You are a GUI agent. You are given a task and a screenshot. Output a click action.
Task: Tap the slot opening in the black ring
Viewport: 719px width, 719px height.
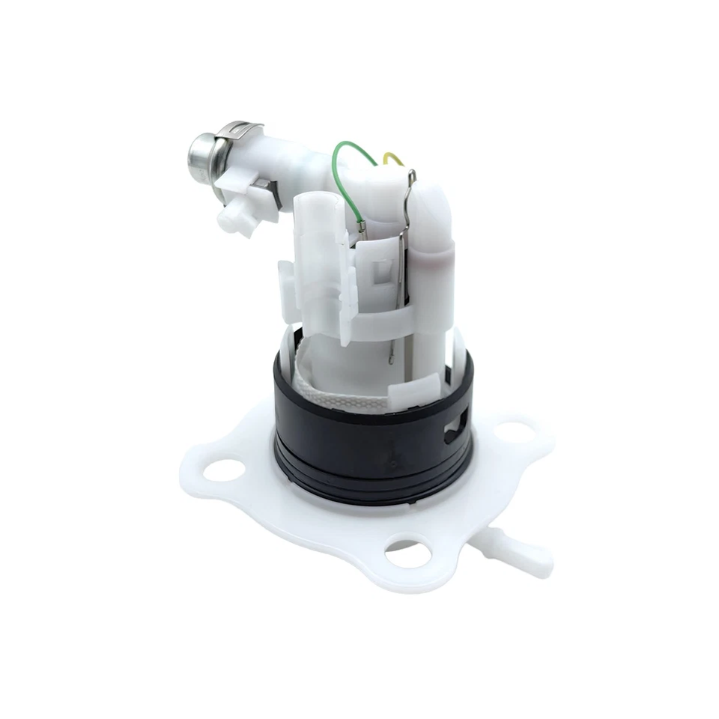(455, 432)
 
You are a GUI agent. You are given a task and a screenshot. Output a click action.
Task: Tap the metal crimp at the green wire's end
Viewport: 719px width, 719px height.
(362, 225)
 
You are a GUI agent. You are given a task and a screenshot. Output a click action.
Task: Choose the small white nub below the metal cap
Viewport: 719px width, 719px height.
(233, 219)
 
